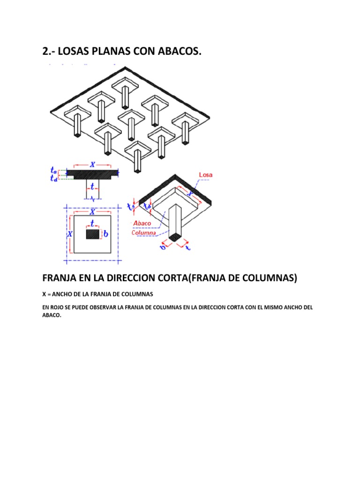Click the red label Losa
[206, 175]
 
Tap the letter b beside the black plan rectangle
[105, 233]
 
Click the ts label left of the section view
[54, 172]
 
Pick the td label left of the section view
[54, 178]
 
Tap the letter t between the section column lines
[92, 187]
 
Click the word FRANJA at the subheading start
[60, 278]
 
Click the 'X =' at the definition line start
[46, 294]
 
